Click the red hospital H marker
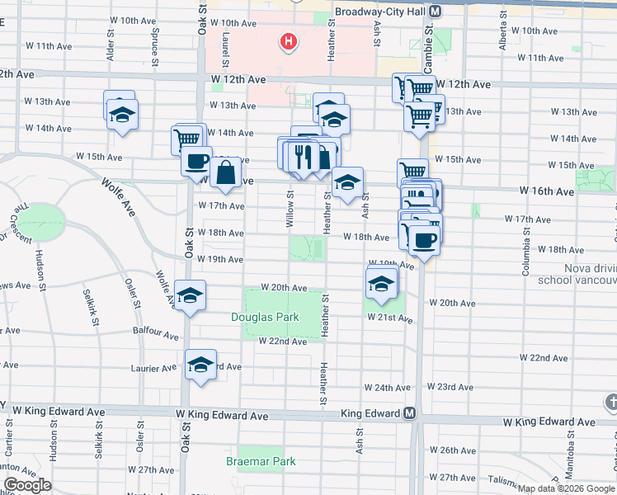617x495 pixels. point(288,40)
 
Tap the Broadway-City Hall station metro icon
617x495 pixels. point(435,12)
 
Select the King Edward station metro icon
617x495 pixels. point(408,413)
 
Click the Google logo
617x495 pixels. point(27,485)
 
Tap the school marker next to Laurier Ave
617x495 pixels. point(200,364)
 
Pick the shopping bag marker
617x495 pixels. point(225,173)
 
